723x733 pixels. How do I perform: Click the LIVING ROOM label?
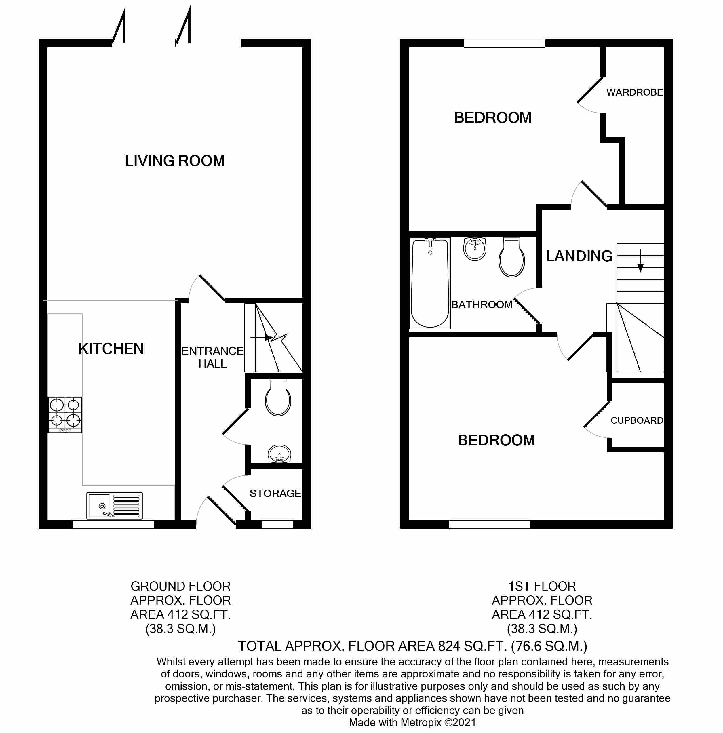175,161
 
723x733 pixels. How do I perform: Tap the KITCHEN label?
111,349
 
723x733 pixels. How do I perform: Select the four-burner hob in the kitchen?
65,414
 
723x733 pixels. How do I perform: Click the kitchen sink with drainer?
114,505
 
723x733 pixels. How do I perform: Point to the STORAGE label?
275,493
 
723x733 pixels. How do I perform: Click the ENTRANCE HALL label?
212,357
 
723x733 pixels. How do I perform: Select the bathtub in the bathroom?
430,283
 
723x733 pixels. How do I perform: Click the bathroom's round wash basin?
475,249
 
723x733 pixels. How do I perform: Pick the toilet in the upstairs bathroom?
512,258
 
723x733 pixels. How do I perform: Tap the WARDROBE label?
634,92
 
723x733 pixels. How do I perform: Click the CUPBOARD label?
636,420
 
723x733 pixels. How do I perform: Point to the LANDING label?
579,256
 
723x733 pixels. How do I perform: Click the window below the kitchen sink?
113,525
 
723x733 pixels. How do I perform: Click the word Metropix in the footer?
421,722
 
